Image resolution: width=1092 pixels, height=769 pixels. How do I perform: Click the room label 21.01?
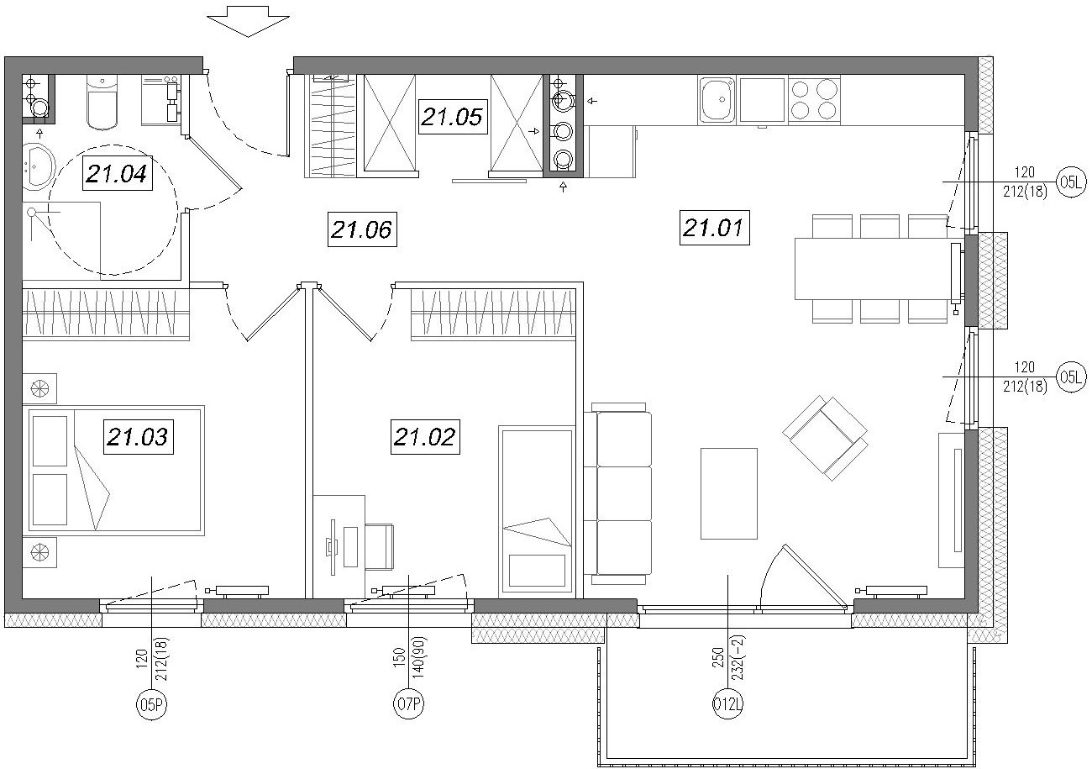[714, 227]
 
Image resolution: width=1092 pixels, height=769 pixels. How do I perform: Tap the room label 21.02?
[425, 437]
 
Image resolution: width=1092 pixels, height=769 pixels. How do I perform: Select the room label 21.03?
[138, 437]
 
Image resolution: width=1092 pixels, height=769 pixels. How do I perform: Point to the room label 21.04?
[117, 173]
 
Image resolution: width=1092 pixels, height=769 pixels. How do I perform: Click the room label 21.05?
[453, 117]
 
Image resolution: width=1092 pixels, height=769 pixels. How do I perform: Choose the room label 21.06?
[362, 229]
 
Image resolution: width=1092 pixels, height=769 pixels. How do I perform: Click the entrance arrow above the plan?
[248, 22]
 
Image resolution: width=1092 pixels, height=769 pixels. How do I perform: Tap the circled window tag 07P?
[408, 704]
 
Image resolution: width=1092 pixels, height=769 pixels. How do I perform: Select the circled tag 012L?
[727, 704]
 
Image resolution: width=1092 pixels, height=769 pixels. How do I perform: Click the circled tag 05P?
[151, 704]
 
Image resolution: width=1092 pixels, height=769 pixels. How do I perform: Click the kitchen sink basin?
[717, 100]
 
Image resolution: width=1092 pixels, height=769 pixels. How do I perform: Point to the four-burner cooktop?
[814, 100]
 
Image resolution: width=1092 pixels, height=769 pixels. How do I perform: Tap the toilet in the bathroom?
[102, 102]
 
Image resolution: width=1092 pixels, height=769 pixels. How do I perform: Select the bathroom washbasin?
[38, 166]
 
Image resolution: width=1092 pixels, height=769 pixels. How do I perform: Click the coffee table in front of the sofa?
[729, 493]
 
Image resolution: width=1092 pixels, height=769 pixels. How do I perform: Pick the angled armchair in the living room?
[825, 438]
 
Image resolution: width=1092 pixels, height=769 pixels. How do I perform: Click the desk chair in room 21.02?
[378, 546]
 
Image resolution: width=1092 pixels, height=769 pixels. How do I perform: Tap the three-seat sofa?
[618, 493]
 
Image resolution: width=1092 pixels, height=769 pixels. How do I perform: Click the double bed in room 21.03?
[116, 470]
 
